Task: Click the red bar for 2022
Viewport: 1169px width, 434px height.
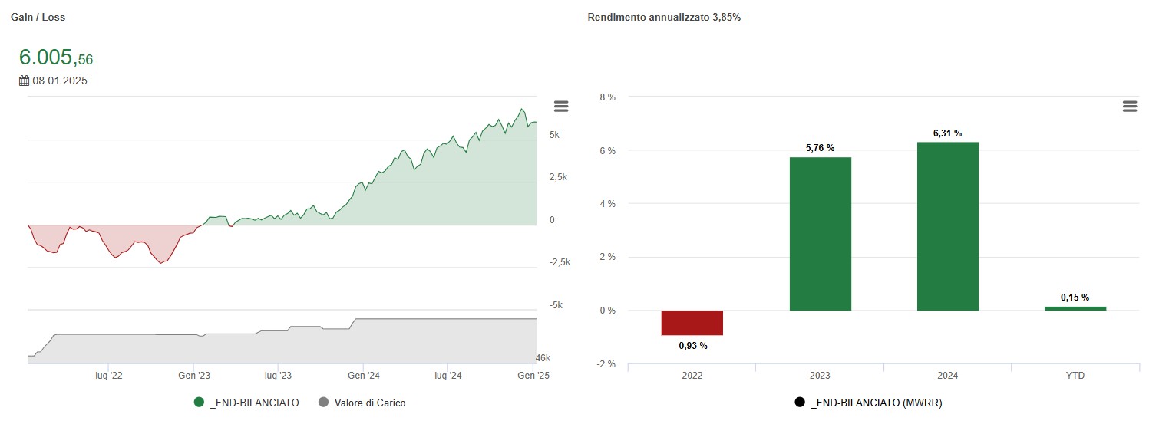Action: click(692, 323)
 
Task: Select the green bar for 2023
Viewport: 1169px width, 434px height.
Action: click(820, 234)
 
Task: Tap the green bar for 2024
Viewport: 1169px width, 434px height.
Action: click(947, 226)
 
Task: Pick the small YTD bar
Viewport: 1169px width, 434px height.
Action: click(1075, 308)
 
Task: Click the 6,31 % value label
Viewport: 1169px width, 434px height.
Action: click(947, 133)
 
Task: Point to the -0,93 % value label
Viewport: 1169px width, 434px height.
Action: click(692, 346)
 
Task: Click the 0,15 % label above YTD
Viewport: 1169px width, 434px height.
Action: click(1075, 298)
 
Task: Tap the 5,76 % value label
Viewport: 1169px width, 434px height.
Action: click(820, 148)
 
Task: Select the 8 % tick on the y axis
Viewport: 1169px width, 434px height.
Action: click(607, 97)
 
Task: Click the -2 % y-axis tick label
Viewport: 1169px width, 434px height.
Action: click(606, 364)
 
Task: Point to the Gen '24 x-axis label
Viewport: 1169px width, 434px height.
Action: click(364, 376)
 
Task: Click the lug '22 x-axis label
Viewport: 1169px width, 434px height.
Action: click(109, 376)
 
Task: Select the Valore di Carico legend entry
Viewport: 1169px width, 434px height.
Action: click(370, 403)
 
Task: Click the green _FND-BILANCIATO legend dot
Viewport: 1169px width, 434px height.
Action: click(200, 403)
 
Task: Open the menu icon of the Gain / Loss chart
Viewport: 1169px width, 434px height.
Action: click(561, 107)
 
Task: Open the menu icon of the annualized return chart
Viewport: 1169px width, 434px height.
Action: click(1129, 107)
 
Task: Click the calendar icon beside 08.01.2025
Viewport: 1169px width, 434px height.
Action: click(24, 81)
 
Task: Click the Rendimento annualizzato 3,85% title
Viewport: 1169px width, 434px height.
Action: click(664, 17)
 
